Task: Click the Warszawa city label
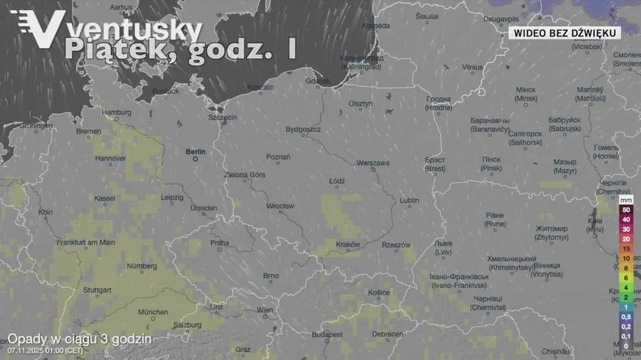pos(373,163)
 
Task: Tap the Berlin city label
pos(195,152)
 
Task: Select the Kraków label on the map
pos(348,244)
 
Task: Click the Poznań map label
pos(278,157)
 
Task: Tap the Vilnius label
pos(473,67)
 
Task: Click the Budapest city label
pos(327,335)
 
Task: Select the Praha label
pos(220,243)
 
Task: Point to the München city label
pos(153,312)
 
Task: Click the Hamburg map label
pos(116,113)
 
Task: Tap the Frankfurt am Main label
pos(86,242)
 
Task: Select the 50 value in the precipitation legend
pos(625,210)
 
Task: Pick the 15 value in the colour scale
pos(625,249)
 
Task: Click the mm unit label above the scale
pos(626,198)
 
